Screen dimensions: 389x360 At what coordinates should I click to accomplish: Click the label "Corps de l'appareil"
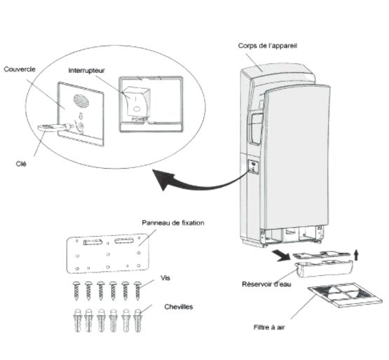click(268, 46)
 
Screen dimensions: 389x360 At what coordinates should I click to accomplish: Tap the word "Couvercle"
click(20, 69)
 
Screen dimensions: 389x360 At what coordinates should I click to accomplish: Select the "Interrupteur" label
click(87, 71)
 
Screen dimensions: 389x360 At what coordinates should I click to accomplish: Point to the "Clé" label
click(21, 164)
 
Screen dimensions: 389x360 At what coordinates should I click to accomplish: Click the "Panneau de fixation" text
click(173, 223)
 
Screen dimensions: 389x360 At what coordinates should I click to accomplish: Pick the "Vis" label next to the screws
click(165, 278)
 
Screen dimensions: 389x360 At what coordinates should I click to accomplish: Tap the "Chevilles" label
click(178, 307)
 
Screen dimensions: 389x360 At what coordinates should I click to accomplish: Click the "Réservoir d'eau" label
click(266, 284)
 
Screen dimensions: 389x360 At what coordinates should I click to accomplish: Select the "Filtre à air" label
click(269, 327)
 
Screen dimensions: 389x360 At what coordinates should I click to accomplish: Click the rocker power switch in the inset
click(137, 102)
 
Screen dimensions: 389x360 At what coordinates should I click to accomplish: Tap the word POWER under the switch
click(140, 119)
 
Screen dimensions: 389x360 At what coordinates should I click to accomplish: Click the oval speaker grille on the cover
click(81, 101)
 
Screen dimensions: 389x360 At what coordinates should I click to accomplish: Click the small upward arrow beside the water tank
click(356, 255)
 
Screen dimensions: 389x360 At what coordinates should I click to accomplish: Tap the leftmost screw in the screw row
click(76, 291)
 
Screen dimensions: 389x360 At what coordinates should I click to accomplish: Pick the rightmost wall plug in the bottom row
click(137, 320)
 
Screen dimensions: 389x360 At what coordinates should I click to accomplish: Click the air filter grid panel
click(345, 295)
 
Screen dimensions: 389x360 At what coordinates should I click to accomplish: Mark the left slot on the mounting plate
click(93, 242)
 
